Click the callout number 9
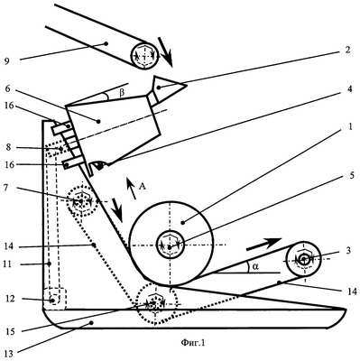(7, 61)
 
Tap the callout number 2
(347, 50)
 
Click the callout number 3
(348, 250)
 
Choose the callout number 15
(9, 331)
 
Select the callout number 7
(7, 188)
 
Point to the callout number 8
(7, 147)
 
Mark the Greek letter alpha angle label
(255, 266)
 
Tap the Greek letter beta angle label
(121, 93)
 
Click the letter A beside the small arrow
(143, 187)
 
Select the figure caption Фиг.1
(193, 342)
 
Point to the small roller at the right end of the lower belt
(304, 258)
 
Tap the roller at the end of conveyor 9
(145, 55)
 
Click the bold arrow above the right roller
(263, 244)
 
